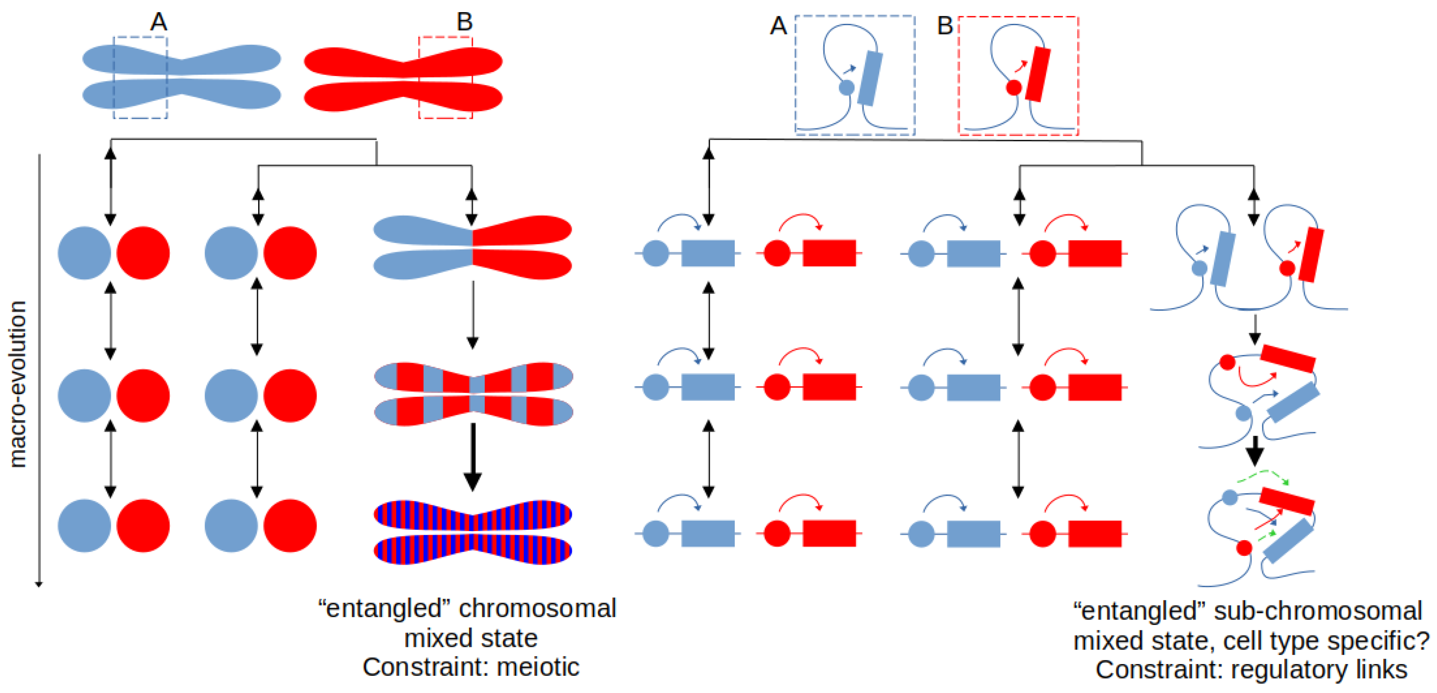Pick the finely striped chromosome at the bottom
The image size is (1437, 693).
(x=472, y=532)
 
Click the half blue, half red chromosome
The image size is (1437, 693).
(x=472, y=247)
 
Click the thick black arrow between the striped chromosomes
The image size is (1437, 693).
(x=472, y=457)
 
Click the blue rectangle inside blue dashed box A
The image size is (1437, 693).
(x=870, y=78)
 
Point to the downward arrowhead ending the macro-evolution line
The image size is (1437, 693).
(x=39, y=584)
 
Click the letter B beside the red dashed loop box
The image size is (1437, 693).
(x=944, y=26)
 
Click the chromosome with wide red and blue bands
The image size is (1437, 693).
(x=473, y=394)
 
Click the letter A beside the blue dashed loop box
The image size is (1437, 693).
(x=778, y=26)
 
